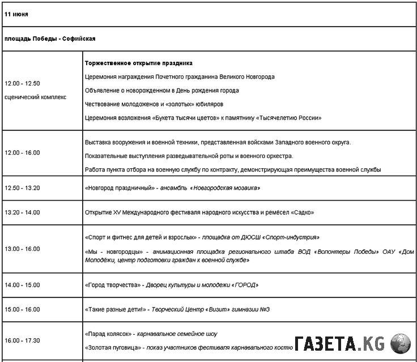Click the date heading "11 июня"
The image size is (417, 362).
click(16, 14)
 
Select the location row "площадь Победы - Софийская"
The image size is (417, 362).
click(50, 39)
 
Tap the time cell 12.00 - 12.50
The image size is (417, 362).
click(22, 83)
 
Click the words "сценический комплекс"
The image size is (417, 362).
click(35, 97)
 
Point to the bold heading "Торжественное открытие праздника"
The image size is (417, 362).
click(138, 63)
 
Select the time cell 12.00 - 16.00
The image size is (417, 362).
click(22, 152)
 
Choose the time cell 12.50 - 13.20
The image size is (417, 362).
click(22, 188)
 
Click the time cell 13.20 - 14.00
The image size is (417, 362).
click(22, 212)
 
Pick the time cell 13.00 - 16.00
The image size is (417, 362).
click(22, 249)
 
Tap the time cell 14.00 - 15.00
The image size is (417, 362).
click(22, 285)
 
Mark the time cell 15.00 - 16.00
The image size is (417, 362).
click(22, 309)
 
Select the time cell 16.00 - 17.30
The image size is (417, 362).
click(22, 340)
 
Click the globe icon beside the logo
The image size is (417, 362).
click(401, 344)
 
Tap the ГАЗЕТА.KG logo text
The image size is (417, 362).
click(339, 344)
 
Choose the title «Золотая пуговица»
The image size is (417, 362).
click(112, 347)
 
